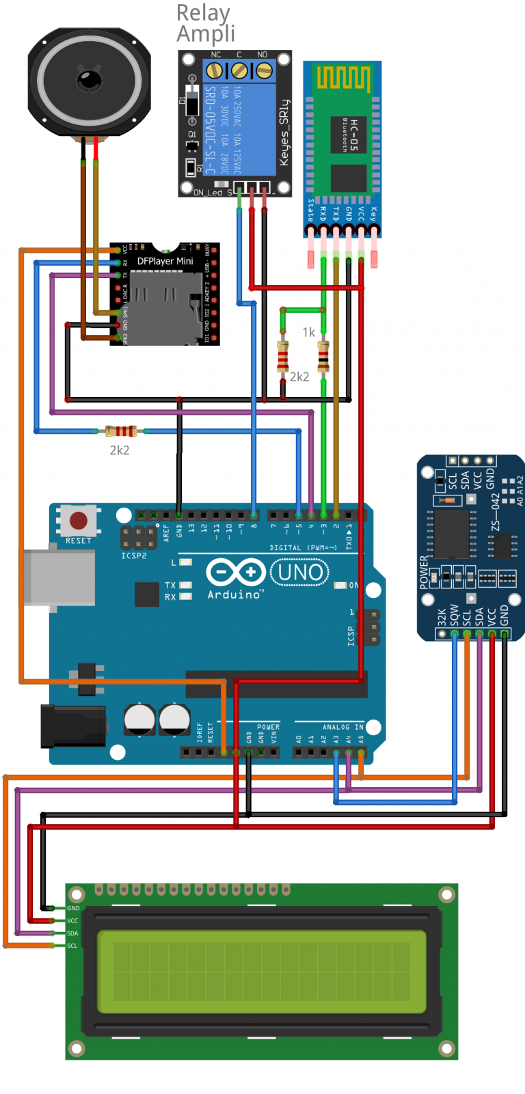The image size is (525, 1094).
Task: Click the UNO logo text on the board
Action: [300, 572]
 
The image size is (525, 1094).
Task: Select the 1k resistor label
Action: [308, 332]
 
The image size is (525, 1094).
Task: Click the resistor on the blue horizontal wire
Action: [121, 431]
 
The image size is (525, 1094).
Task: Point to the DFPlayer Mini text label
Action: [165, 261]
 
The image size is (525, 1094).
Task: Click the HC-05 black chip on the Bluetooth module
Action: [349, 178]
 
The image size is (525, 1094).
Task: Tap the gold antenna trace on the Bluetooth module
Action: [342, 79]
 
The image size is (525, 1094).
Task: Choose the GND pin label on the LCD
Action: [73, 908]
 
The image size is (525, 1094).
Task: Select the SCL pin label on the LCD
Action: [72, 946]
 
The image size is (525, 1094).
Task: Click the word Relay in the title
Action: [203, 13]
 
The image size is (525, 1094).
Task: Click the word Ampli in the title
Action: [206, 33]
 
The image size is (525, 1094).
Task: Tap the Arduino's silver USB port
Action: [59, 577]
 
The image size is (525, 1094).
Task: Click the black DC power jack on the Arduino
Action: [73, 726]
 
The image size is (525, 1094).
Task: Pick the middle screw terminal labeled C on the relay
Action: [239, 70]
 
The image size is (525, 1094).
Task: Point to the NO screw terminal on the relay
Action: [263, 70]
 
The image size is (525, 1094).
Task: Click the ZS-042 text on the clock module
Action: [496, 512]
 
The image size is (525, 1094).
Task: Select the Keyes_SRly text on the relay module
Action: [284, 133]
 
